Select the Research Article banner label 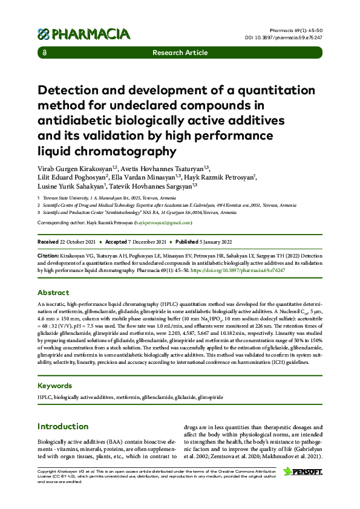tap(180, 53)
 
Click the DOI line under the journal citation tap(292, 37)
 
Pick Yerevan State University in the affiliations tap(67, 198)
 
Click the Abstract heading tap(53, 292)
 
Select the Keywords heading tap(54, 385)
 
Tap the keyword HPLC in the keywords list tap(44, 397)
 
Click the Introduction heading tap(63, 426)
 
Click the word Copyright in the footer tap(48, 470)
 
